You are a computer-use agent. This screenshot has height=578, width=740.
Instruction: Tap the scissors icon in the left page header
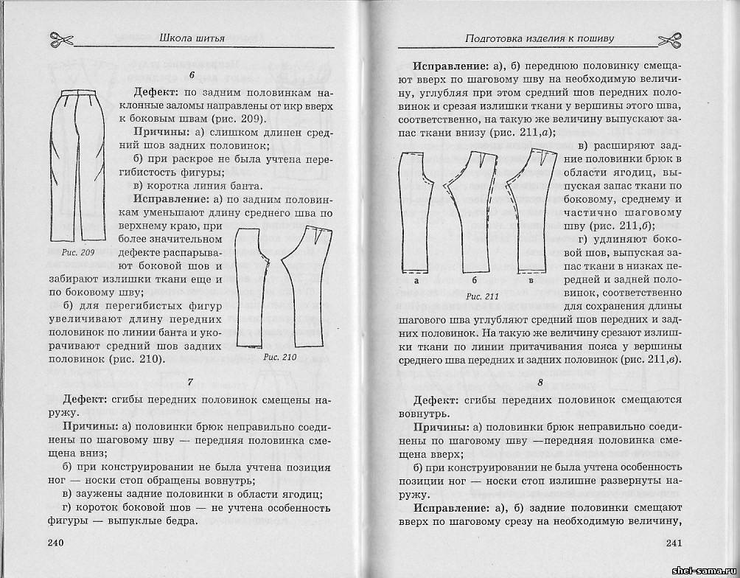coord(61,37)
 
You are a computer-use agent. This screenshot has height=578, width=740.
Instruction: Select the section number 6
coord(192,74)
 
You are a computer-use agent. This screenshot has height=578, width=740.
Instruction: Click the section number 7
coord(191,381)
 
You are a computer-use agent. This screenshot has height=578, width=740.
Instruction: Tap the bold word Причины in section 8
coord(439,428)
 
